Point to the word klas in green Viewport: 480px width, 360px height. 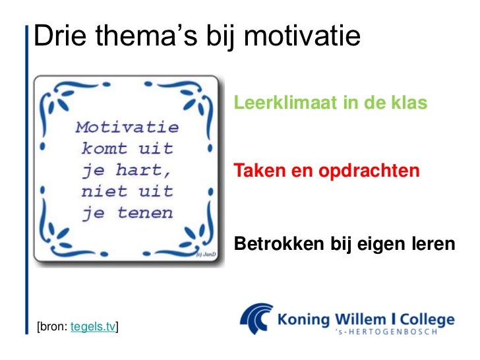click(409, 104)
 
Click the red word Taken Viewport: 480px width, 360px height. click(258, 171)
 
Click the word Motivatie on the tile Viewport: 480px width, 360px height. click(127, 126)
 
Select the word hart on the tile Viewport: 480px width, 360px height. click(145, 169)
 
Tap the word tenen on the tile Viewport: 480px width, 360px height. click(145, 213)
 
